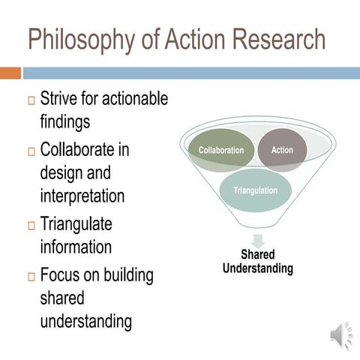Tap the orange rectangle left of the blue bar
[10, 73]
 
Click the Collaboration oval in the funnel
[220, 150]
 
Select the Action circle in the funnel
[282, 150]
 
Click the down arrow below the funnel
[258, 241]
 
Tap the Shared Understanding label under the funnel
[258, 262]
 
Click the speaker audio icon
[340, 334]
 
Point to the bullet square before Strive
[31, 101]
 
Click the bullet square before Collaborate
[31, 151]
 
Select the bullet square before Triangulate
[31, 226]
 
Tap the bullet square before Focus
[31, 277]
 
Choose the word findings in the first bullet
[67, 121]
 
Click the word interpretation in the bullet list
[82, 196]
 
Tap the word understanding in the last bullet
[85, 322]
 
